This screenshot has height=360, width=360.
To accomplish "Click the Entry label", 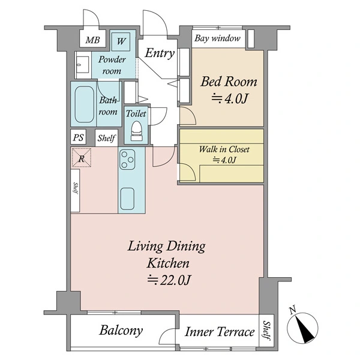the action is [160, 53].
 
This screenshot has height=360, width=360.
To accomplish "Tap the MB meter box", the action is [93, 38].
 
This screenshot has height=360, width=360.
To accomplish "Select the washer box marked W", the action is [121, 41].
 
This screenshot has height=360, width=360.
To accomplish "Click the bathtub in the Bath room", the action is [84, 104].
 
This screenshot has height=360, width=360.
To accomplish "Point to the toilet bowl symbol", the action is [136, 131].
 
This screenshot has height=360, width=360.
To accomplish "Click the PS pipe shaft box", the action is [78, 137].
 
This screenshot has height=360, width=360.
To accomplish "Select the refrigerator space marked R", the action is [82, 157].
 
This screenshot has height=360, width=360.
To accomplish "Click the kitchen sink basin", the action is [127, 199].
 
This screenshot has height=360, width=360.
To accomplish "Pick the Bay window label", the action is [217, 38].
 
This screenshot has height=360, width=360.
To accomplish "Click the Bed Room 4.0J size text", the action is [230, 99].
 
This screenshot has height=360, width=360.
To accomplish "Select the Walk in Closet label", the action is [224, 149].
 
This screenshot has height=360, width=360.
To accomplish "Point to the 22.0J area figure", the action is [169, 280].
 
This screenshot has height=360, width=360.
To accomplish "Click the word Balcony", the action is [121, 331].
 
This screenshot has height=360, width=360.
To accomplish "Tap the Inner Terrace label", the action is [220, 332].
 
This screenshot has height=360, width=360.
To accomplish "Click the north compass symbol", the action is [302, 326].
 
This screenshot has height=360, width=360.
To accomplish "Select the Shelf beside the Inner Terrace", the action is [266, 331].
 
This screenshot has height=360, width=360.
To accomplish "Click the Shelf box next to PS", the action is [106, 138].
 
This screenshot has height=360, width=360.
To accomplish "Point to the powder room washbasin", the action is [82, 65].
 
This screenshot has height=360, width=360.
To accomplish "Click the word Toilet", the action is [136, 113].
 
